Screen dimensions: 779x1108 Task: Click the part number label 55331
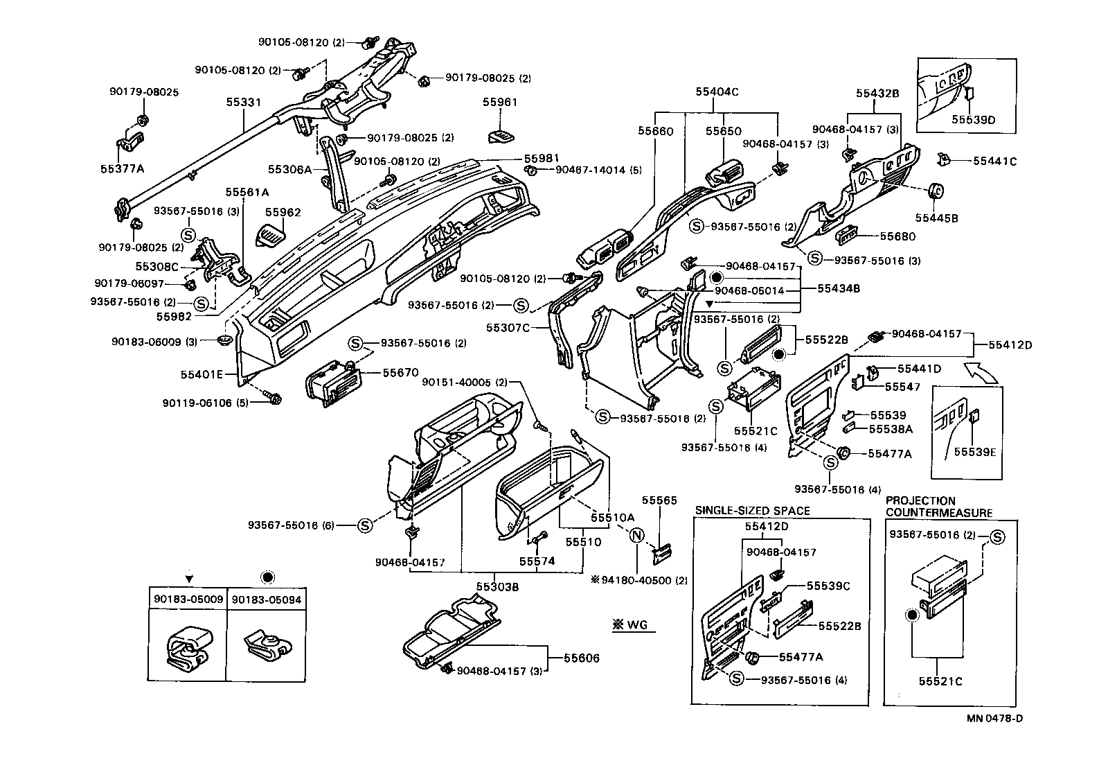click(x=243, y=102)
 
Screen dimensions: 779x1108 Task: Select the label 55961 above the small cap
click(x=500, y=102)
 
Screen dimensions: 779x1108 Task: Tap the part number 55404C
click(x=717, y=91)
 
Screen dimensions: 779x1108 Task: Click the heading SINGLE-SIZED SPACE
click(x=752, y=511)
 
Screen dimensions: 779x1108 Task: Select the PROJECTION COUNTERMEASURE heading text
click(x=938, y=507)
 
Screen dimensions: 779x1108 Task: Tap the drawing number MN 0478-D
click(x=994, y=718)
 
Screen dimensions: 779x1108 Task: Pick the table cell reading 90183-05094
click(x=267, y=599)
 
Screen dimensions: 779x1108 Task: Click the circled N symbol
click(x=636, y=534)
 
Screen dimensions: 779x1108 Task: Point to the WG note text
click(x=630, y=625)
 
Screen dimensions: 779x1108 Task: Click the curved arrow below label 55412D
click(x=983, y=371)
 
